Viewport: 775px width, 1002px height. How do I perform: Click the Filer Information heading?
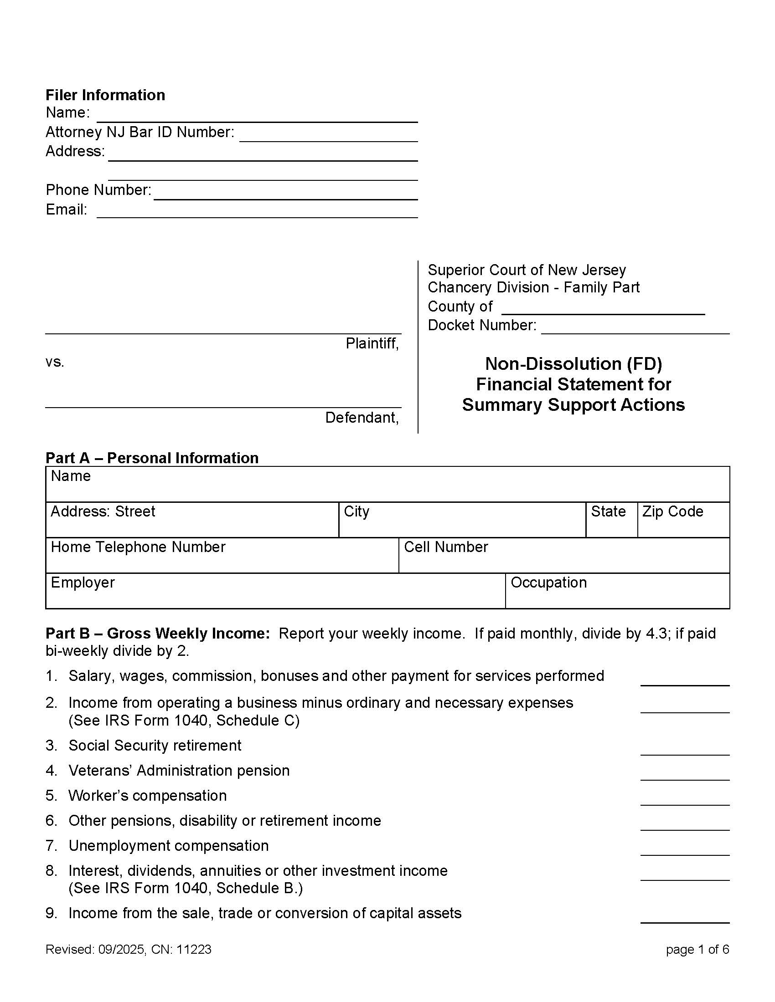pyautogui.click(x=105, y=95)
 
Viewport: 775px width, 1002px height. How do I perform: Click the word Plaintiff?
pyautogui.click(x=372, y=343)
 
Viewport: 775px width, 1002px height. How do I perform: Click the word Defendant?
pyautogui.click(x=362, y=418)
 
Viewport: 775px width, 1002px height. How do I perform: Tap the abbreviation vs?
pyautogui.click(x=55, y=362)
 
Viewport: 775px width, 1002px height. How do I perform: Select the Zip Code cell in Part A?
pyautogui.click(x=683, y=519)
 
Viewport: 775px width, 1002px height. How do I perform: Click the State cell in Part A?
pyautogui.click(x=611, y=519)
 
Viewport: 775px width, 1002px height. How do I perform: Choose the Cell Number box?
pyautogui.click(x=564, y=555)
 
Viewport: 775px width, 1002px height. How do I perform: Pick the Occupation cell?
pyautogui.click(x=617, y=591)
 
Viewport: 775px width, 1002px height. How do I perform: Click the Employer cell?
pyautogui.click(x=275, y=591)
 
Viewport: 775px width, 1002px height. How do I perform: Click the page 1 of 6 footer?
pyautogui.click(x=697, y=950)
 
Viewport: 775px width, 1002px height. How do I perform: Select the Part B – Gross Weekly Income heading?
pyautogui.click(x=157, y=634)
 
